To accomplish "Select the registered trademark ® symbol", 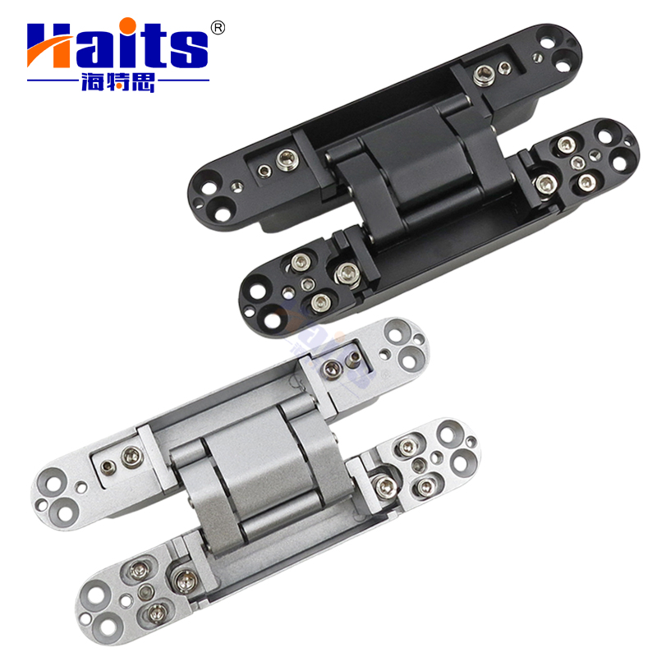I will (218, 27).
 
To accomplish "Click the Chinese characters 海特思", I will (118, 83).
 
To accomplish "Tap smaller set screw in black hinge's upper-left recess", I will (264, 171).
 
